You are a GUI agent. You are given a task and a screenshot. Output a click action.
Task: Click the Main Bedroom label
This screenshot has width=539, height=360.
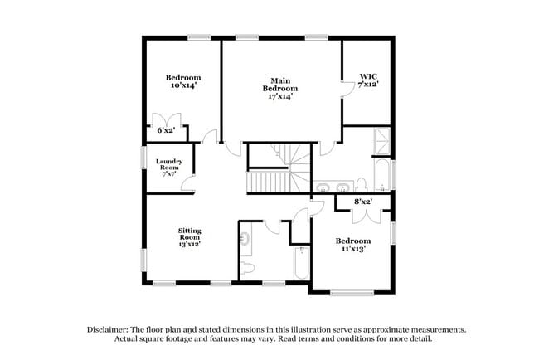(279, 84)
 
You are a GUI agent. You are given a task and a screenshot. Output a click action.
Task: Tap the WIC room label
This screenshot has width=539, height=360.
(368, 78)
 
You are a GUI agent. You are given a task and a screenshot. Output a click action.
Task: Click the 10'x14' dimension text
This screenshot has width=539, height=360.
(183, 85)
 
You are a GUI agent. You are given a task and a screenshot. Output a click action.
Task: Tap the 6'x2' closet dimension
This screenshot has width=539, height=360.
(166, 130)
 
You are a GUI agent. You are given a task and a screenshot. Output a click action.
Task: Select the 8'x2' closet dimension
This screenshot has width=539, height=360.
(362, 202)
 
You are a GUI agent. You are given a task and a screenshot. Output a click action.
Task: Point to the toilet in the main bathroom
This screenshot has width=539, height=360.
(362, 184)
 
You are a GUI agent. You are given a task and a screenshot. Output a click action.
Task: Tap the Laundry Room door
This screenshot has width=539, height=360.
(188, 185)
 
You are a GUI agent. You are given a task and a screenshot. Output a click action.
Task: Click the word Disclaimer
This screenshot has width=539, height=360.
(114, 328)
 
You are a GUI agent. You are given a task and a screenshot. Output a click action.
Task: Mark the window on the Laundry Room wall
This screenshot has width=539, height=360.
(140, 163)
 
